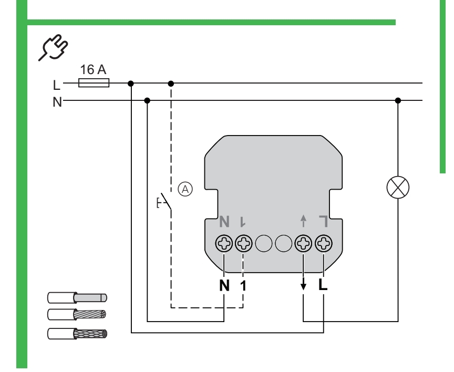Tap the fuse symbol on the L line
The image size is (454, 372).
[x=94, y=82]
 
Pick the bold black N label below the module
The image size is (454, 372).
[x=224, y=287]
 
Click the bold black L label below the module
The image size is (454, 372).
[x=323, y=287]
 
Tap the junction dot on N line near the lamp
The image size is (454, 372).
[x=398, y=100]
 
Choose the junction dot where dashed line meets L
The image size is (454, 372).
[x=171, y=83]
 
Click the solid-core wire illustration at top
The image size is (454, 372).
[x=77, y=298]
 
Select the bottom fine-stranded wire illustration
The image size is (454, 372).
[x=77, y=333]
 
